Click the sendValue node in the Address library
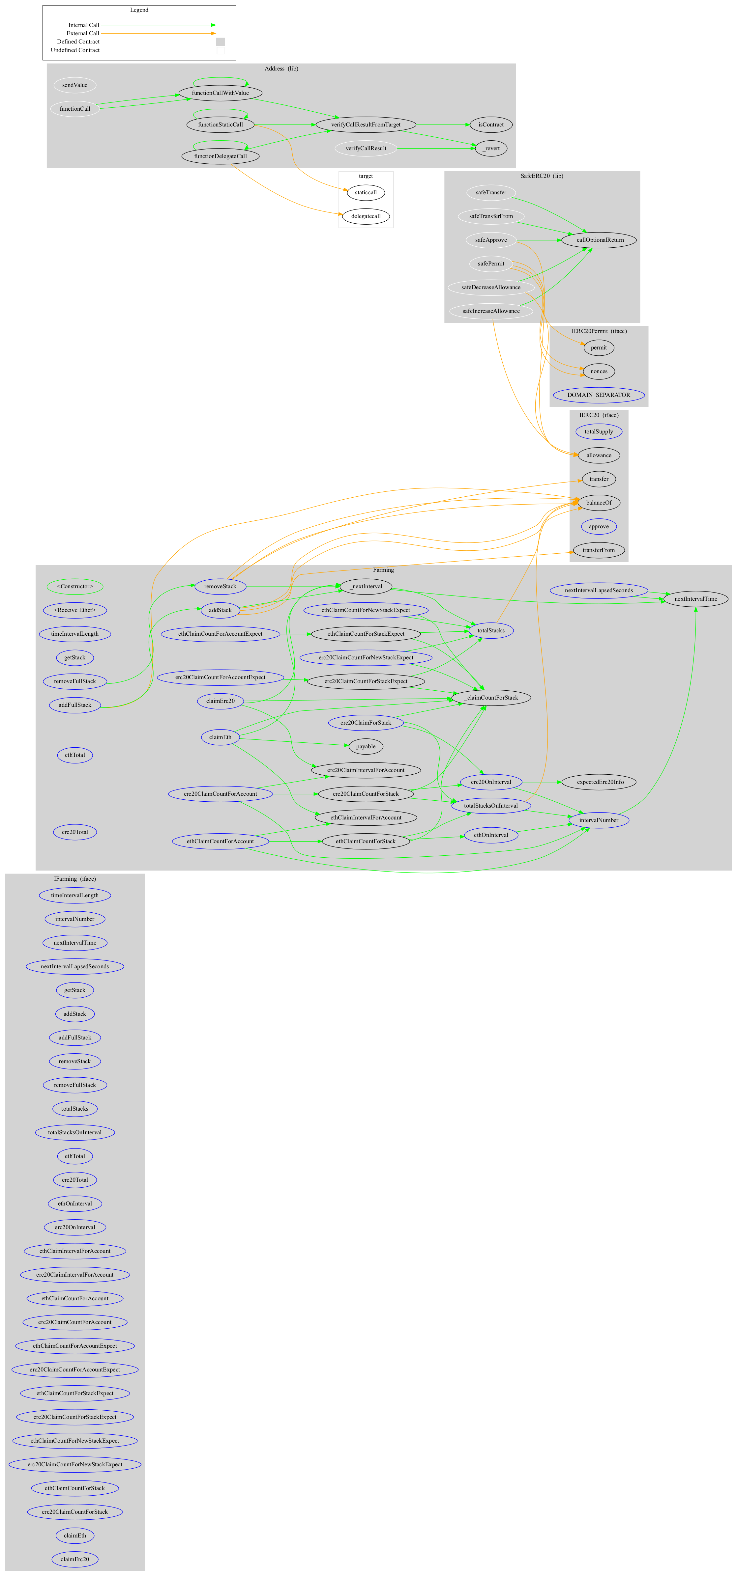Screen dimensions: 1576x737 point(75,85)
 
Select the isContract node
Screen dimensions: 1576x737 point(491,125)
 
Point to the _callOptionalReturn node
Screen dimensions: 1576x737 point(599,240)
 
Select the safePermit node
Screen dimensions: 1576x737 point(491,264)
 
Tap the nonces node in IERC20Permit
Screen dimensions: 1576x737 point(599,372)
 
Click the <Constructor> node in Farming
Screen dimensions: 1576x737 point(75,586)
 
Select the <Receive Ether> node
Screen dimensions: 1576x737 point(75,610)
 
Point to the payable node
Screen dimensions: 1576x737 point(366,746)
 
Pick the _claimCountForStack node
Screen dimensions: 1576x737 point(491,698)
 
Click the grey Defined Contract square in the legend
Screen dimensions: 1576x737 point(221,41)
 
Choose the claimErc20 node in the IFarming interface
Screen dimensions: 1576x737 point(75,1559)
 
